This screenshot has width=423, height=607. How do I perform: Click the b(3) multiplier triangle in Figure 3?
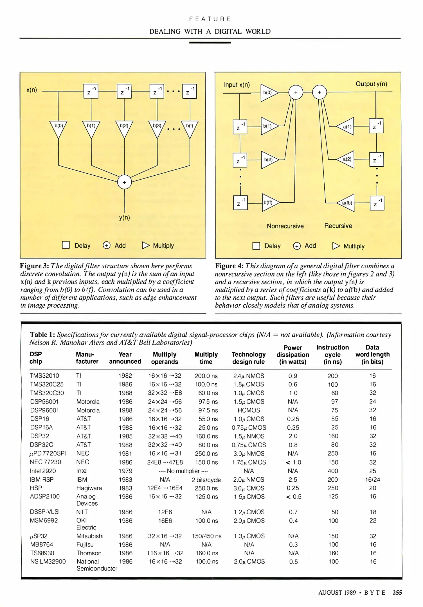(x=157, y=128)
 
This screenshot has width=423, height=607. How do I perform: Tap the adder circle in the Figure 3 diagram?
(x=124, y=182)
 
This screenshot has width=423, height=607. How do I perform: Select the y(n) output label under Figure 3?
(x=124, y=218)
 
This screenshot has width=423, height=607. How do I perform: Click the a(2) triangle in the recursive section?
(x=346, y=159)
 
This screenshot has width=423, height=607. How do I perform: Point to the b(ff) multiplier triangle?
(x=270, y=202)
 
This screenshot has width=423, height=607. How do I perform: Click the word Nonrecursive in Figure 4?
(x=285, y=226)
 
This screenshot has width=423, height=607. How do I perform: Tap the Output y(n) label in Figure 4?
(x=371, y=84)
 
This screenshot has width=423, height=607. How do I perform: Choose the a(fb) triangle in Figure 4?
(x=346, y=203)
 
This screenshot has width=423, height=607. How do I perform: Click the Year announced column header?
(x=125, y=358)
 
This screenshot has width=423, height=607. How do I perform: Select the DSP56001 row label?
(x=44, y=402)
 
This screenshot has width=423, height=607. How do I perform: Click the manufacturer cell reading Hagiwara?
(x=89, y=488)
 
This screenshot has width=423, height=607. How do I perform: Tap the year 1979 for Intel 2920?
(x=125, y=471)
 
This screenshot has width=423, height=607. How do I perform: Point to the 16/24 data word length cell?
(x=372, y=480)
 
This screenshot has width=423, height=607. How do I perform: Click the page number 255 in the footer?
(x=397, y=593)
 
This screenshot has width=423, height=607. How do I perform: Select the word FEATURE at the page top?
(x=210, y=19)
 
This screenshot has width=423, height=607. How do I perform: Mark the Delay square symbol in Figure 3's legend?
(x=66, y=245)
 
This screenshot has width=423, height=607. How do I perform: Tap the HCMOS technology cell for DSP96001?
(x=249, y=410)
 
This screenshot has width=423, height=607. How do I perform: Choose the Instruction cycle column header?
(x=332, y=355)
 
